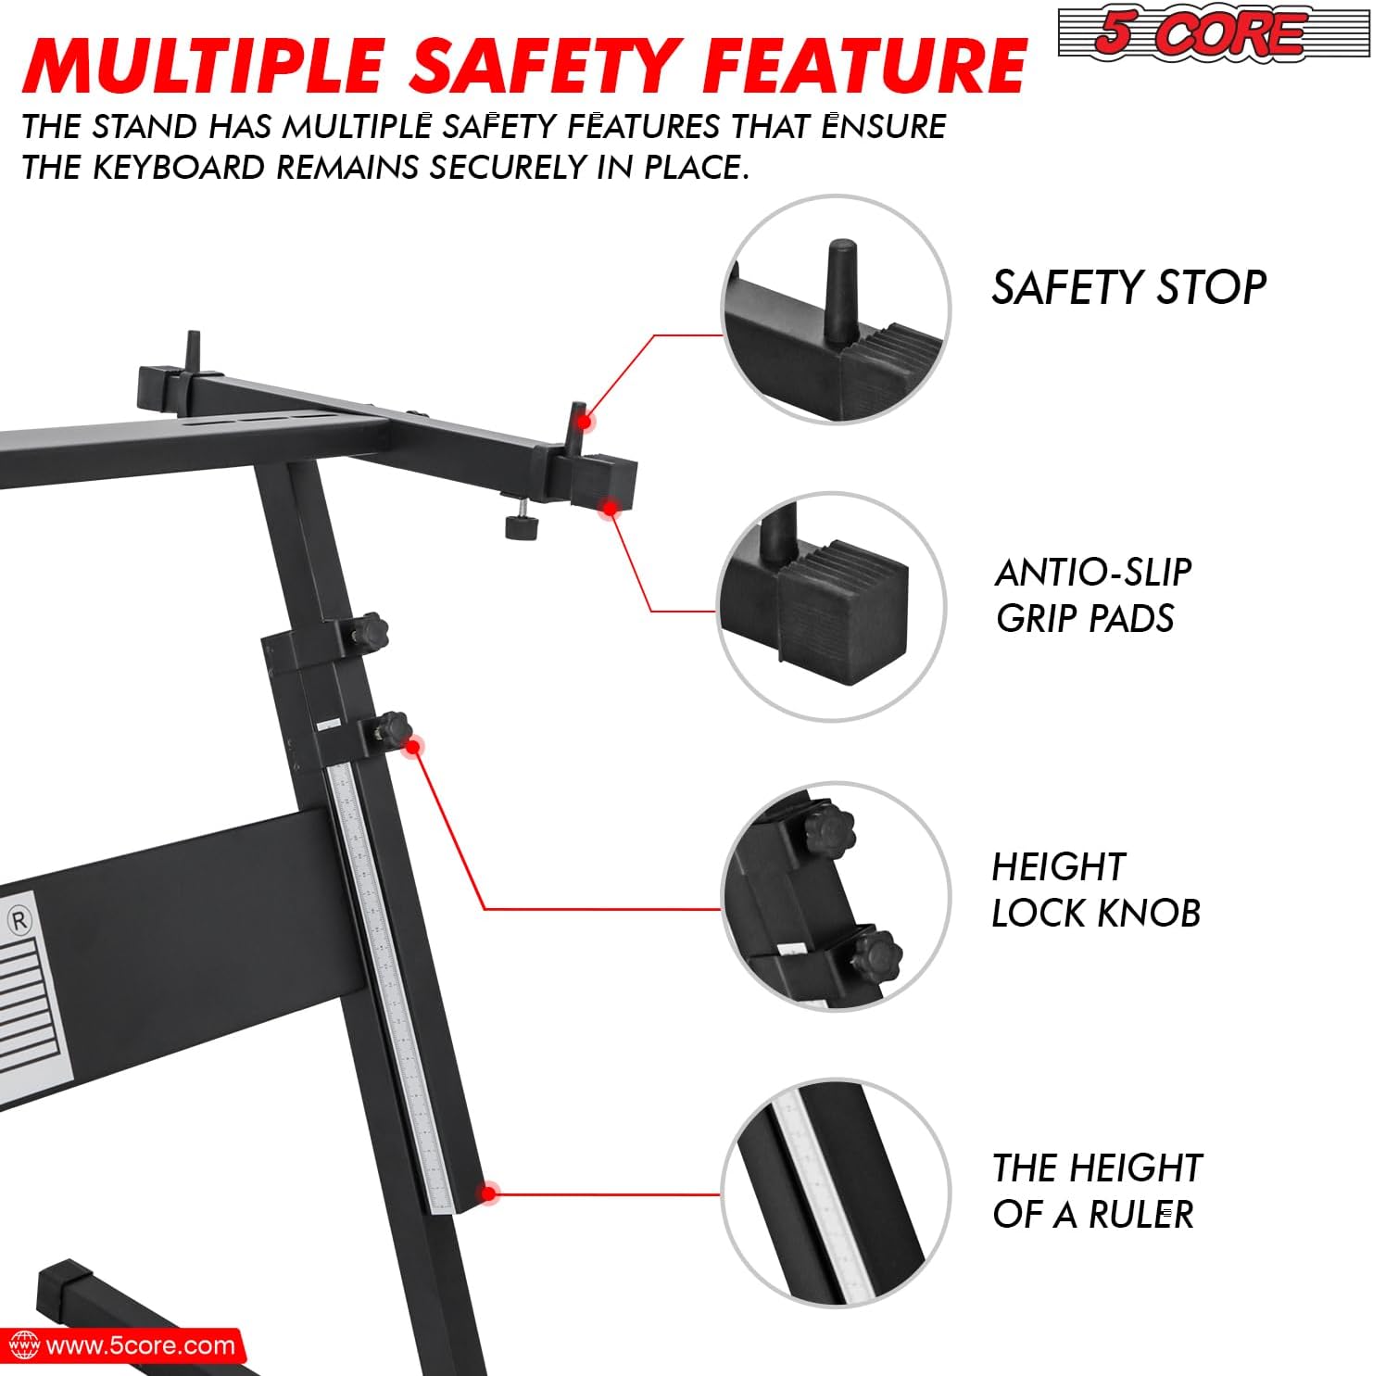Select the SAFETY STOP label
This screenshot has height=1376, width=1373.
point(1128,287)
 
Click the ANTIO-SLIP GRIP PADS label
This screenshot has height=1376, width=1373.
point(1093,595)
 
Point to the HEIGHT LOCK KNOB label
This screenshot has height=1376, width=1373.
point(1096,890)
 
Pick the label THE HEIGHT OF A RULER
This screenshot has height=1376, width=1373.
point(1097,1190)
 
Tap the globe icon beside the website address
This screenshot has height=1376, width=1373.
point(23,1345)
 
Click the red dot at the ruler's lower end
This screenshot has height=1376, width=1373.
point(488,1193)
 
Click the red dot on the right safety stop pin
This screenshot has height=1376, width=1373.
point(584,423)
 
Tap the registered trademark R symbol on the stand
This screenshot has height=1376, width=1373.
point(19,920)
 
